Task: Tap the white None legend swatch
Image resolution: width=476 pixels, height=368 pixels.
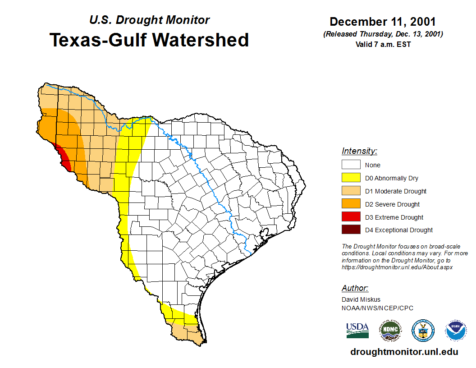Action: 351,165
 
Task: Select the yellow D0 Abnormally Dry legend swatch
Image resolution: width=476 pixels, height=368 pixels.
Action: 351,178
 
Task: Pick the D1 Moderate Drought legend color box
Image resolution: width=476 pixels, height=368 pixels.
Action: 351,191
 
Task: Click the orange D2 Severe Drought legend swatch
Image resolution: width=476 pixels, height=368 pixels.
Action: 351,204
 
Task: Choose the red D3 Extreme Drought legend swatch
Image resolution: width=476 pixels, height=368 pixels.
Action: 351,217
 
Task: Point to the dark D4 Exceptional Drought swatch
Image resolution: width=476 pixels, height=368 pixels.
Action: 351,230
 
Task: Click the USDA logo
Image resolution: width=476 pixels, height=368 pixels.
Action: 357,330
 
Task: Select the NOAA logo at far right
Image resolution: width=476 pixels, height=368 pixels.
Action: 456,330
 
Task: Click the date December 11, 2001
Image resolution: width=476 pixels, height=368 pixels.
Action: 383,22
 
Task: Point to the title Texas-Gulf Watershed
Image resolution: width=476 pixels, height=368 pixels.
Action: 149,40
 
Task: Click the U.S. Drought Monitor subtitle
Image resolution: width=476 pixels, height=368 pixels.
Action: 149,20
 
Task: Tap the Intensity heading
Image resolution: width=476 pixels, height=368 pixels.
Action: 359,151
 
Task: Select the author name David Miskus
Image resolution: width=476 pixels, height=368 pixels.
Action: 361,299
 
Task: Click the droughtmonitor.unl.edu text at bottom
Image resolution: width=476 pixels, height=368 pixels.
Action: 404,352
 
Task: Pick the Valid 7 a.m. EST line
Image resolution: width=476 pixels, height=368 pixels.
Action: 383,44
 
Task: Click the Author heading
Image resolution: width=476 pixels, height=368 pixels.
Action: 355,288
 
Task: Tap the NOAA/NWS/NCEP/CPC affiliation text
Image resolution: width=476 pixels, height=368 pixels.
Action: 377,308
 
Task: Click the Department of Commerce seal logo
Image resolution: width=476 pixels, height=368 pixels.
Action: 423,330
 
